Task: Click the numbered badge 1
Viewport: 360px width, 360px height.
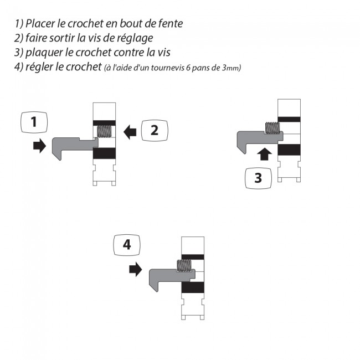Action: coord(34,122)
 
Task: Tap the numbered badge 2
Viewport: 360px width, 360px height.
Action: coord(155,130)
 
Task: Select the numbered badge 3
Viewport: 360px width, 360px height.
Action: coord(258,178)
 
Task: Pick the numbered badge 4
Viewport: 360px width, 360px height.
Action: coord(127,245)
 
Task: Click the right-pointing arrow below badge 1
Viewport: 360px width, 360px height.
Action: coord(39,146)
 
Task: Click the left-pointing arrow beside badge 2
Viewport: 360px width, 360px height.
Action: coord(130,132)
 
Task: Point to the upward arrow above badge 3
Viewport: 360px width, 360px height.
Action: coord(265,154)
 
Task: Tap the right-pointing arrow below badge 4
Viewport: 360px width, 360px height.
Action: coord(136,269)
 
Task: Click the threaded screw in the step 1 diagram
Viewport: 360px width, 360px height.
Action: coord(105,132)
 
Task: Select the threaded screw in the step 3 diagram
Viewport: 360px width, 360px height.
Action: coord(272,128)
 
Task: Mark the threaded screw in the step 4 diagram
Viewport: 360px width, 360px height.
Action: coord(184,266)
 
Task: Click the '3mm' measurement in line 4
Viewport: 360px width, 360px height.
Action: coord(230,68)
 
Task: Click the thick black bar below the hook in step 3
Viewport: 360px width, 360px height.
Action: coord(289,150)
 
